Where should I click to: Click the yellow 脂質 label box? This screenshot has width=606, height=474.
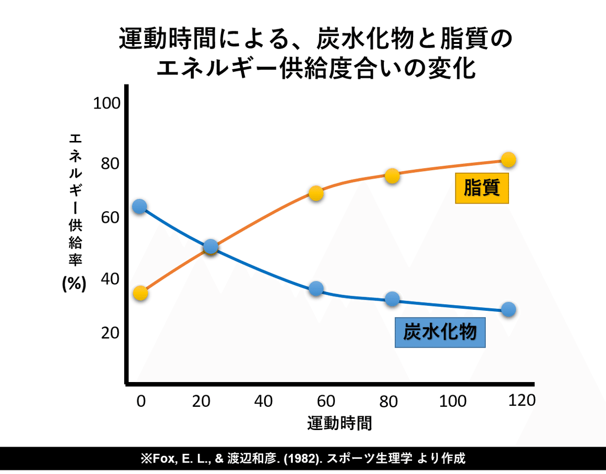point(482,188)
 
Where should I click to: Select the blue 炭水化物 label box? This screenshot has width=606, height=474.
point(440,333)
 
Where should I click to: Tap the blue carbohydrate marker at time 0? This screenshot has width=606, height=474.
point(139,206)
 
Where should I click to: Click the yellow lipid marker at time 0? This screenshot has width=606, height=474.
point(140,293)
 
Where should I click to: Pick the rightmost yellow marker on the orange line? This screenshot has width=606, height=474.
point(509,160)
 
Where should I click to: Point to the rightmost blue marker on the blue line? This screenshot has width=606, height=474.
point(509,309)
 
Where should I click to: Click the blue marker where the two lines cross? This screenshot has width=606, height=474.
point(211,247)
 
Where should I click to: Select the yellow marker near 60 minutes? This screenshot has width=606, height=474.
point(316,193)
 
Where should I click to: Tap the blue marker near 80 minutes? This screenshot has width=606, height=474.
point(392,299)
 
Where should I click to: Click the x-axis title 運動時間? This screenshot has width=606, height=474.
point(339,422)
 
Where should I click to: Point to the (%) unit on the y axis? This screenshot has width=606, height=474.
point(74,284)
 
